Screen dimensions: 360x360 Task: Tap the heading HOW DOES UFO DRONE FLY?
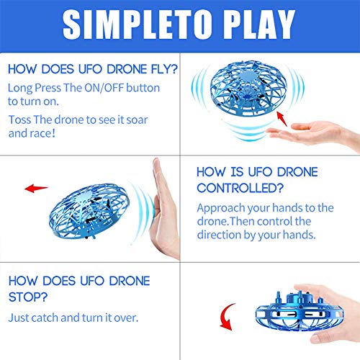(94, 71)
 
